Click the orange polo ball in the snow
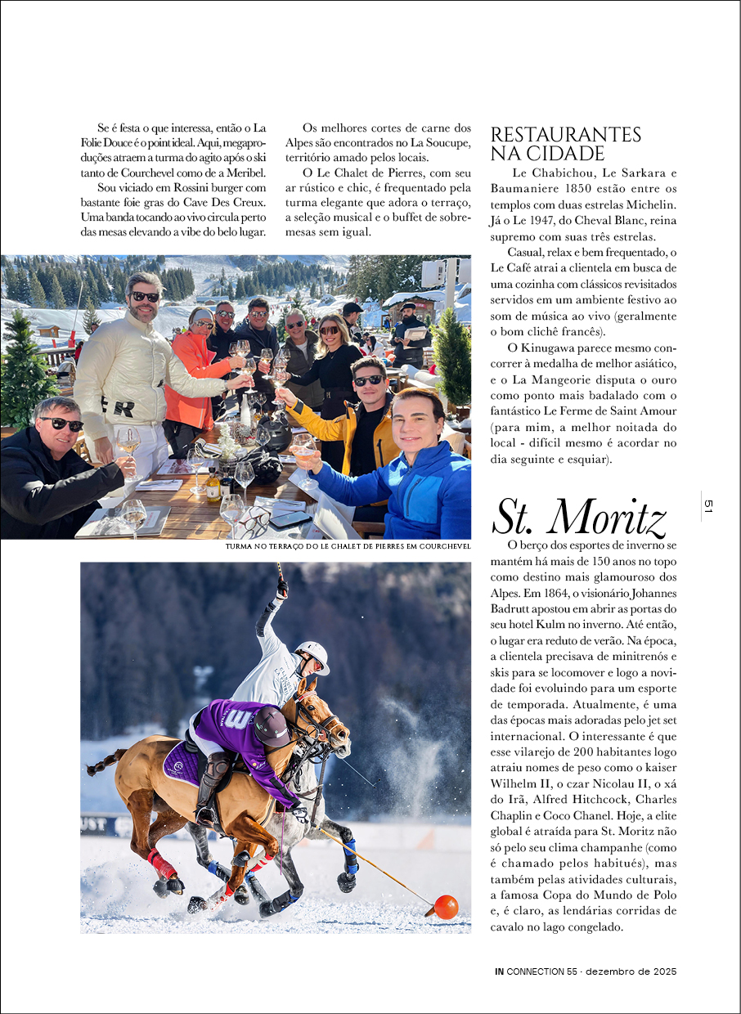click(446, 906)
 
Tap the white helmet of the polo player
click(313, 654)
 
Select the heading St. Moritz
click(579, 516)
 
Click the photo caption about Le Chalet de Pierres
click(348, 546)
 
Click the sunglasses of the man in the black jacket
click(61, 424)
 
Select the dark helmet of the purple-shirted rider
click(272, 723)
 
